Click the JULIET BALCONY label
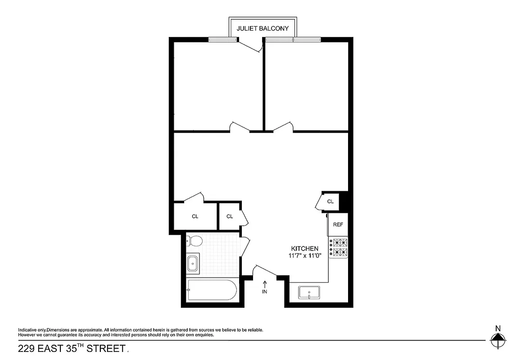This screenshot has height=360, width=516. tap(263, 29)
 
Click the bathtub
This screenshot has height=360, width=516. tap(211, 290)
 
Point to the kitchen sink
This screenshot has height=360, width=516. tap(309, 293)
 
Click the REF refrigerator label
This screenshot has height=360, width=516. tap(338, 225)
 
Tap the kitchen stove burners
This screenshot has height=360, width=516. tap(338, 247)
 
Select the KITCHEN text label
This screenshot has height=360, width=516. tap(305, 248)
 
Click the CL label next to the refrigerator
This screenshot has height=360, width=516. tap(330, 202)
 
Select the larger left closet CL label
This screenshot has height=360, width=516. tap(195, 216)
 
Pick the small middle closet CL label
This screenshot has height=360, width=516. tap(230, 216)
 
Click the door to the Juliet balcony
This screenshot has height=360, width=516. tap(250, 45)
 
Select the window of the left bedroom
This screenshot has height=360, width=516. tap(222, 40)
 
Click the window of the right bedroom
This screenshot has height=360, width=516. tap(293, 40)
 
